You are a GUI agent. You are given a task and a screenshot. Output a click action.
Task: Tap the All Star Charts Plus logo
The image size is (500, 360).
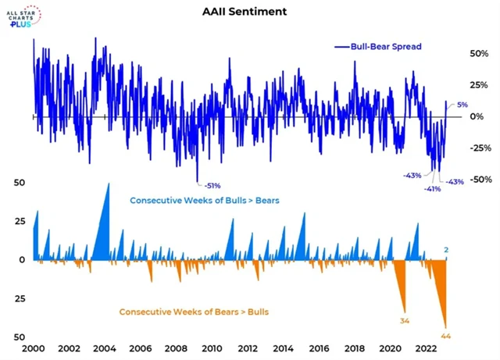(28, 16)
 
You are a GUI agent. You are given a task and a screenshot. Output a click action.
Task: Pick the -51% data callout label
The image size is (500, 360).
(212, 186)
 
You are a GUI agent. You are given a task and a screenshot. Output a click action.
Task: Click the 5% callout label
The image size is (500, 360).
(462, 105)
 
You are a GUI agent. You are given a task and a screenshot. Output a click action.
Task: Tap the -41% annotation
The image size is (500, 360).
(431, 189)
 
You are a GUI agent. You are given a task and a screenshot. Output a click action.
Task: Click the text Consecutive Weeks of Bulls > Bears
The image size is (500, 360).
(205, 201)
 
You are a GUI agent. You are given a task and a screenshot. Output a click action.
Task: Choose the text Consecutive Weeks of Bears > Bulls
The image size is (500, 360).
(195, 312)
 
